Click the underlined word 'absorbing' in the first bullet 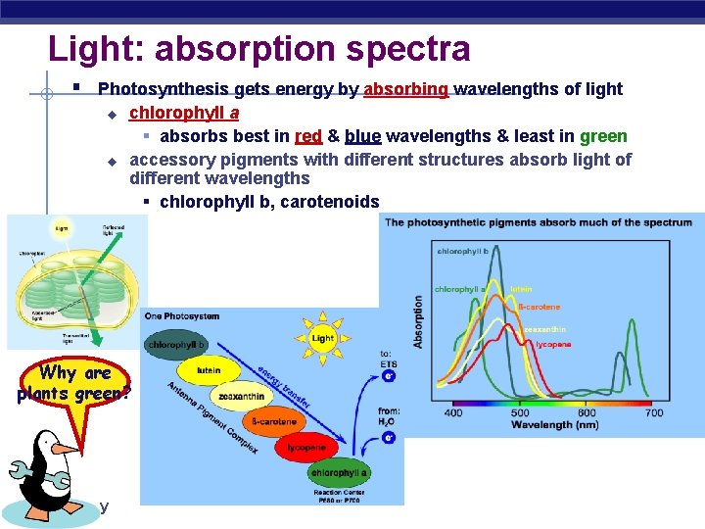pos(405,89)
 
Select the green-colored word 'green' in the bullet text pos(603,135)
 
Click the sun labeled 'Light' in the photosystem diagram pos(322,337)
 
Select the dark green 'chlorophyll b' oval pos(176,344)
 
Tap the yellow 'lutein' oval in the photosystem pos(209,370)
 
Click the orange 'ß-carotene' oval pos(274,422)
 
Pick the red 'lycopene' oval pos(305,448)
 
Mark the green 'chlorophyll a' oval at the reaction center pos(338,473)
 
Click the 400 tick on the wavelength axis pos(454,413)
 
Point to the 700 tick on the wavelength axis pos(654,413)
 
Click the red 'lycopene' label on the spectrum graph pos(553,345)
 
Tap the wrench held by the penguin pos(23,475)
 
